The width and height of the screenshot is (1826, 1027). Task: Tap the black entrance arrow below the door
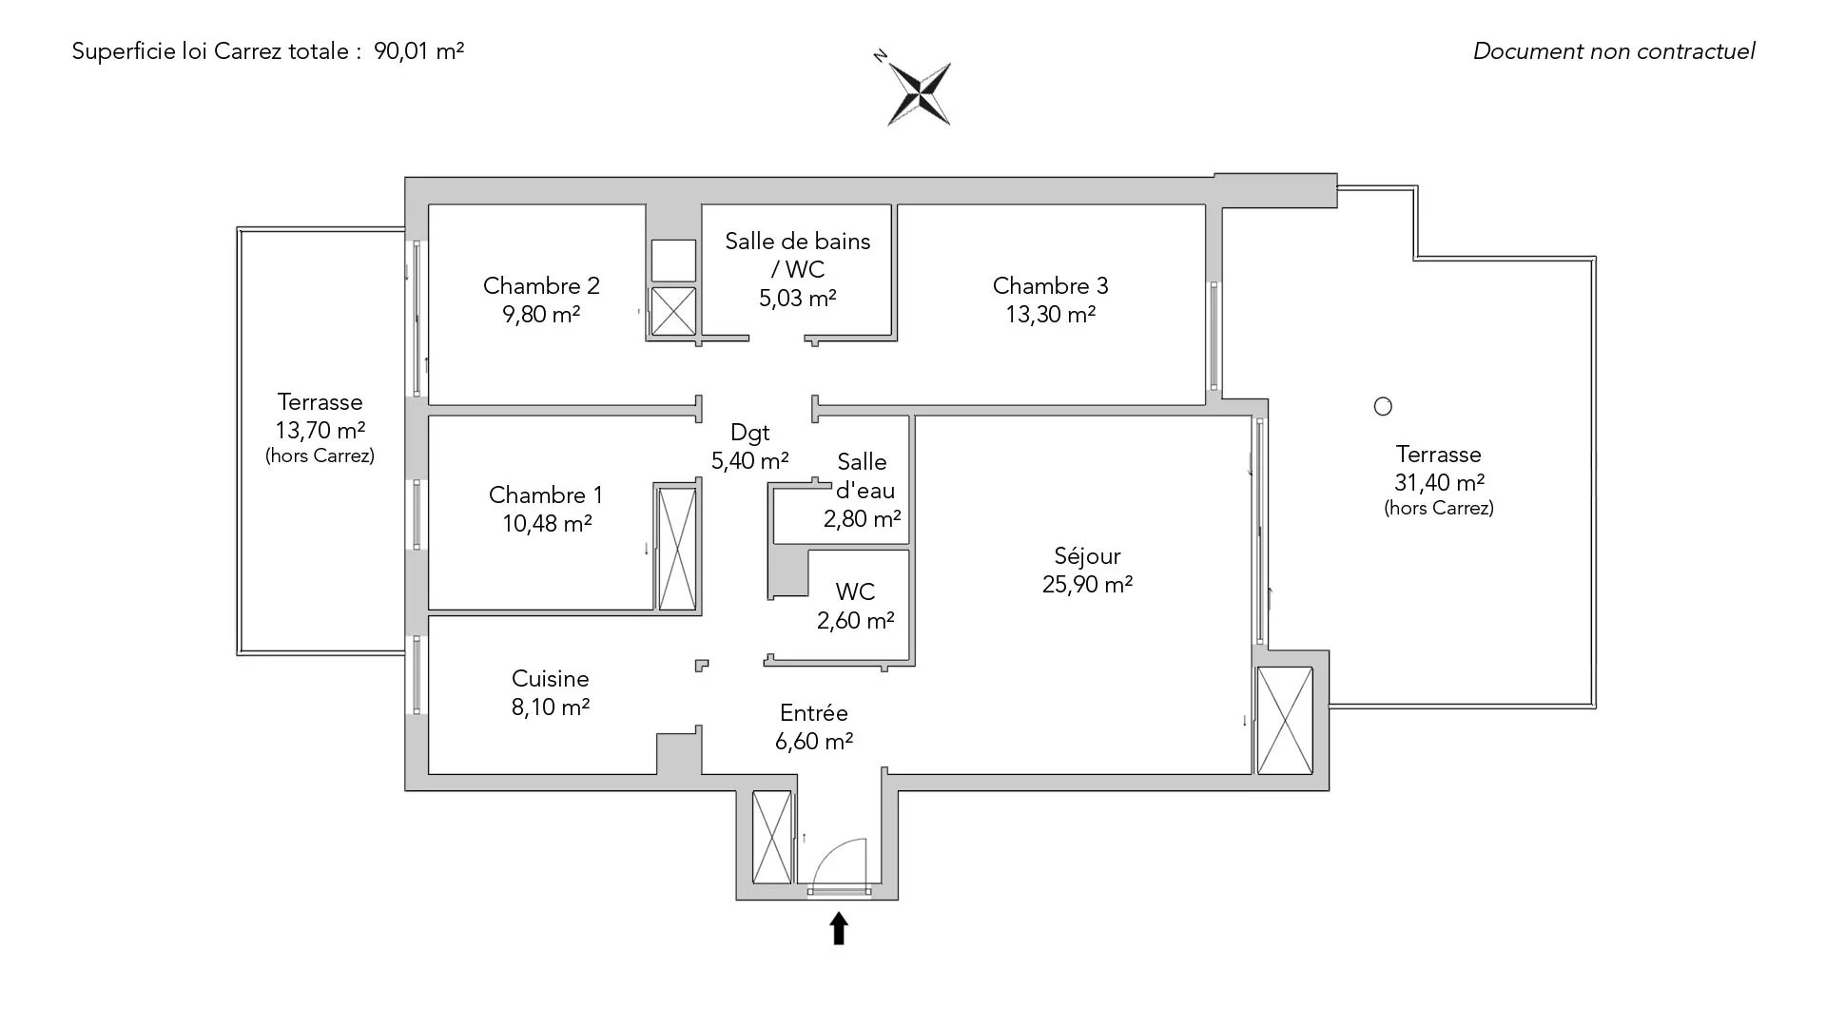coord(839,928)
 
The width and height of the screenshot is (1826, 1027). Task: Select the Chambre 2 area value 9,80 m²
coord(541,315)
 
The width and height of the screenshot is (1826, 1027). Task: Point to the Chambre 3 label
coord(1050,285)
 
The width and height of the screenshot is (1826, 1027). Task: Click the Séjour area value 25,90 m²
coord(1087,585)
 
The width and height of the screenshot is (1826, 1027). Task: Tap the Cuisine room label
coord(550,679)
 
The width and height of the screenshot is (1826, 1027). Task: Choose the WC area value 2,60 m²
coord(855,621)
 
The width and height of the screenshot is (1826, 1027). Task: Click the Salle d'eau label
coord(864,476)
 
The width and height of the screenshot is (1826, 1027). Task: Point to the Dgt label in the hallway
coord(749,433)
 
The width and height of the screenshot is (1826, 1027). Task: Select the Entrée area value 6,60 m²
coord(813,742)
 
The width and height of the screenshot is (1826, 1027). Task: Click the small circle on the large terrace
coord(1383,407)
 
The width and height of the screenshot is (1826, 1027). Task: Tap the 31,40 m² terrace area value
coord(1439,483)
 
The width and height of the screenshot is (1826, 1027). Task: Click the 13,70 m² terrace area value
coord(321,431)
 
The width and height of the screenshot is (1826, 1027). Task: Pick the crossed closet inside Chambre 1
coord(677,548)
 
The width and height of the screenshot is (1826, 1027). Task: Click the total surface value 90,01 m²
coord(418,51)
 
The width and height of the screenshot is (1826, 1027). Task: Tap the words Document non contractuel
coord(1613,51)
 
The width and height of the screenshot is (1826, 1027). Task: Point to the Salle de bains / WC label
coord(797,255)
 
